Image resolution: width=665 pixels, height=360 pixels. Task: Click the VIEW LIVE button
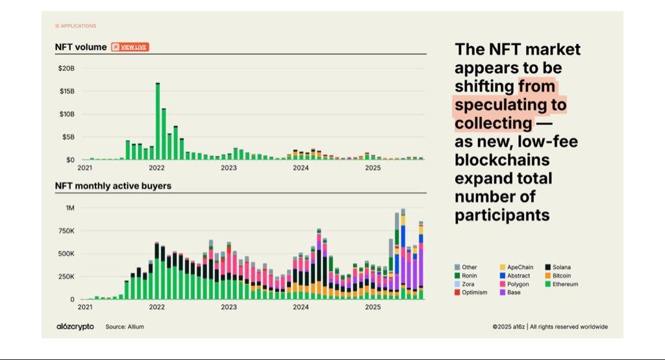[130, 47]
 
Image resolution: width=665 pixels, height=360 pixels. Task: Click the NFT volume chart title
[81, 47]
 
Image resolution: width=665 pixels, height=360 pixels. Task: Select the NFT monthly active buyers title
[112, 186]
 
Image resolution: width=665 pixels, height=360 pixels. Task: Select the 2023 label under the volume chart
[229, 168]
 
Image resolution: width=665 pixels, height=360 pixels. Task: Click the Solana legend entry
[558, 267]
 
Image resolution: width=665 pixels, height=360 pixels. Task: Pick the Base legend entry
[512, 292]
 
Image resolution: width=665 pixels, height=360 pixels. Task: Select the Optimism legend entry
[471, 292]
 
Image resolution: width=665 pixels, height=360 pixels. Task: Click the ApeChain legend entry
[519, 267]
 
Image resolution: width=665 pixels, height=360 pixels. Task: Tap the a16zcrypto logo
[75, 326]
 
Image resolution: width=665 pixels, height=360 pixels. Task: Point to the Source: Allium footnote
[125, 326]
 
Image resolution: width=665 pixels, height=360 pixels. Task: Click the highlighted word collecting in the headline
[493, 123]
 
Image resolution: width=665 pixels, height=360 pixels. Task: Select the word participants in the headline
[502, 215]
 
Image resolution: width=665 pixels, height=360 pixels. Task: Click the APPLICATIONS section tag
[76, 26]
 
